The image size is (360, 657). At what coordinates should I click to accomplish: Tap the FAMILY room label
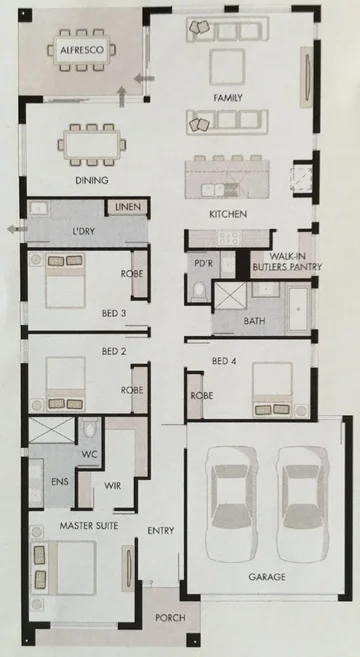click(x=229, y=97)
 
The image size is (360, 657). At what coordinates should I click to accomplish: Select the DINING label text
click(x=91, y=181)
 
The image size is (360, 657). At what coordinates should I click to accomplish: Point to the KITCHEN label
click(x=227, y=215)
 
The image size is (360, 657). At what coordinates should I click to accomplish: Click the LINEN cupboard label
click(x=128, y=207)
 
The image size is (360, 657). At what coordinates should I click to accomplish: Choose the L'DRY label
click(x=83, y=232)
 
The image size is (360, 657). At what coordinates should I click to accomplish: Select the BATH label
click(x=254, y=322)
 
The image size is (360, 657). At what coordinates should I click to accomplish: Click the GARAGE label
click(x=268, y=578)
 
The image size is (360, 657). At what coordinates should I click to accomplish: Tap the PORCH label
click(x=170, y=618)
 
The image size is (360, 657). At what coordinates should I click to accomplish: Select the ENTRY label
click(x=161, y=530)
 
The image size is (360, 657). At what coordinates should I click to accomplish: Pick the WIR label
click(x=113, y=486)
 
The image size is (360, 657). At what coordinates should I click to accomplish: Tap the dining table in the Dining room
click(x=91, y=143)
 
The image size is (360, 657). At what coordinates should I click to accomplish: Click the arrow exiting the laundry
click(x=11, y=229)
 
